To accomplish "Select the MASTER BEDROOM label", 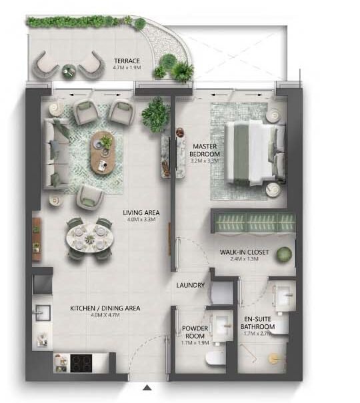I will click(x=206, y=150).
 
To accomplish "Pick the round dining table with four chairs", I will click(x=89, y=236).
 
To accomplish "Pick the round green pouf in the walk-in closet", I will click(x=284, y=254).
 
